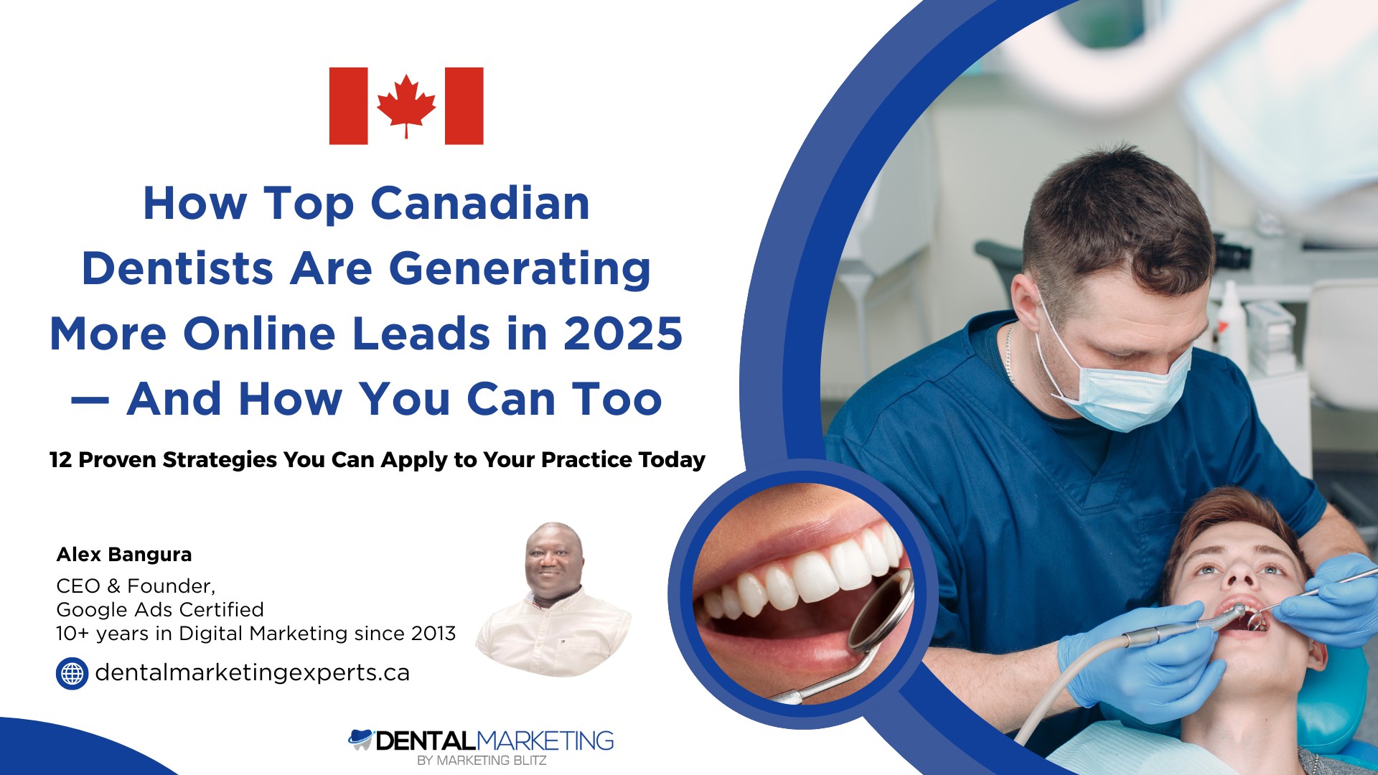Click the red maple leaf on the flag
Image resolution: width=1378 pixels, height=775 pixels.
(x=406, y=105)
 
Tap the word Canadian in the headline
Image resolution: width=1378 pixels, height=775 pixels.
(x=480, y=203)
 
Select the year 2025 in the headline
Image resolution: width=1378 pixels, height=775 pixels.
(x=623, y=334)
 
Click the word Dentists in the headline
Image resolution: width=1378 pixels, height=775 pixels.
(x=177, y=268)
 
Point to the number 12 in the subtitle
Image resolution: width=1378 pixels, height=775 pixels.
(x=60, y=459)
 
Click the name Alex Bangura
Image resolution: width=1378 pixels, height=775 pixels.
(x=124, y=554)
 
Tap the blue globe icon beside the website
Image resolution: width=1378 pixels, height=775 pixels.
(x=72, y=673)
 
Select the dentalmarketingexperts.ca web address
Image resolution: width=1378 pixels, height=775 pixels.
(x=253, y=672)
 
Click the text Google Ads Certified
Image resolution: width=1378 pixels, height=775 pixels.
(x=160, y=609)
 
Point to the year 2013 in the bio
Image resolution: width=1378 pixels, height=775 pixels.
(x=433, y=634)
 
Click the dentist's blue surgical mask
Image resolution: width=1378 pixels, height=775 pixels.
(x=1112, y=380)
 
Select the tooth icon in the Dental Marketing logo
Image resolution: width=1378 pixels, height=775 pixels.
(x=360, y=739)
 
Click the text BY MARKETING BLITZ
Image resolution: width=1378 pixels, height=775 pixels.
(x=482, y=760)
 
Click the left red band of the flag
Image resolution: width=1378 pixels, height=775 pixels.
(x=349, y=105)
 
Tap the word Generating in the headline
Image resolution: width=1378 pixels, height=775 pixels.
(x=520, y=270)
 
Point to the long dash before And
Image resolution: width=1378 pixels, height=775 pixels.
(x=90, y=400)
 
